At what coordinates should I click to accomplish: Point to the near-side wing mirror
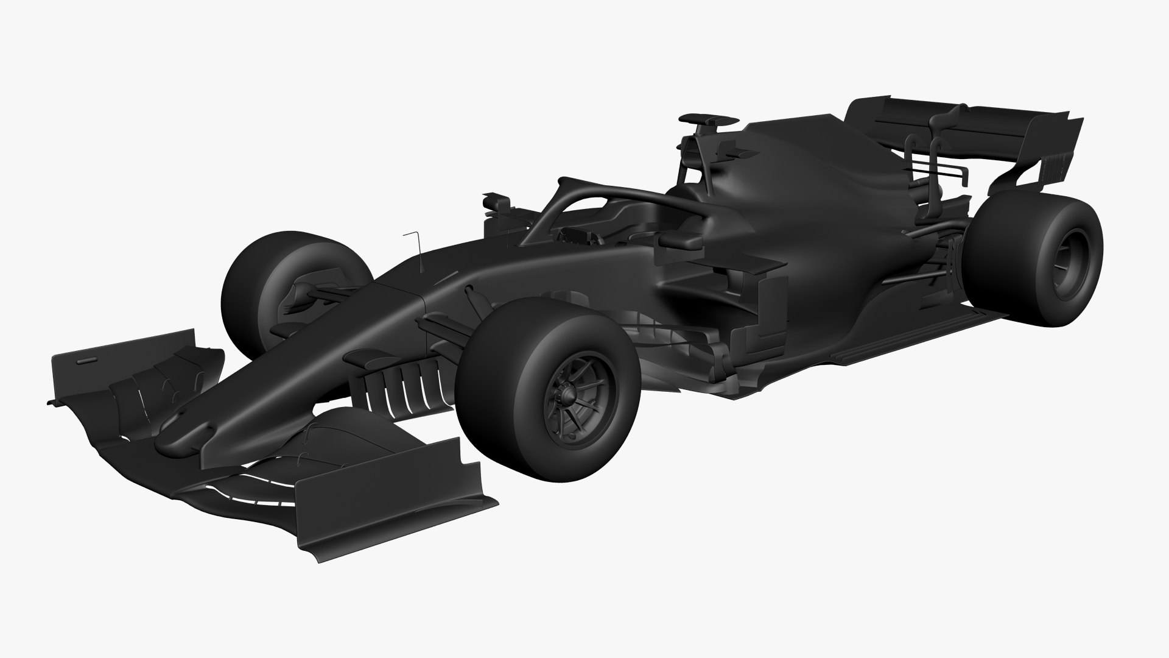(679, 240)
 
